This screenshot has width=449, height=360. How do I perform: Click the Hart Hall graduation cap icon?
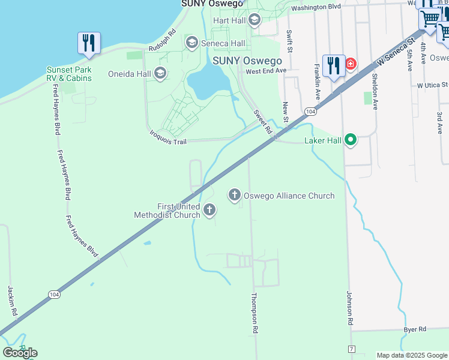point(255,20)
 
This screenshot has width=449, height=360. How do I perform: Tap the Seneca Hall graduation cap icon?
point(192,43)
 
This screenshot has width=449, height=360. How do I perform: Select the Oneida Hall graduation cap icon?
point(160,74)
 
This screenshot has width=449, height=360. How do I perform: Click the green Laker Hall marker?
point(350,140)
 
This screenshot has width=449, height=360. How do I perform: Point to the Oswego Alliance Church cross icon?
point(234,195)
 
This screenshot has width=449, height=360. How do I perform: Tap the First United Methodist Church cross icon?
point(209,209)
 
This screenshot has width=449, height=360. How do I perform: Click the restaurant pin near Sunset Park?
point(89,43)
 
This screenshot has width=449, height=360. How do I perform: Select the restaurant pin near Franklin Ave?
point(333,65)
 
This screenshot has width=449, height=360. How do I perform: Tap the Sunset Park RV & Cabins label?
point(70,74)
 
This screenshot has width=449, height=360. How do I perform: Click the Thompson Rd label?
point(255,313)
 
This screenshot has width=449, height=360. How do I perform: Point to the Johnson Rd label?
point(349,308)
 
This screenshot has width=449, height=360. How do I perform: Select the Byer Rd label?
point(414,329)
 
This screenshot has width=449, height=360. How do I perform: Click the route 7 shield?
point(351,349)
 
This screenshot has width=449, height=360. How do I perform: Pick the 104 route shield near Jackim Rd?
point(54,294)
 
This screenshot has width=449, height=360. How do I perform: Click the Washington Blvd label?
point(316,7)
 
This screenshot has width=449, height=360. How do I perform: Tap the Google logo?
point(20,353)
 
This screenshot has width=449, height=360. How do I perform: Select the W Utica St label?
point(432,86)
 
